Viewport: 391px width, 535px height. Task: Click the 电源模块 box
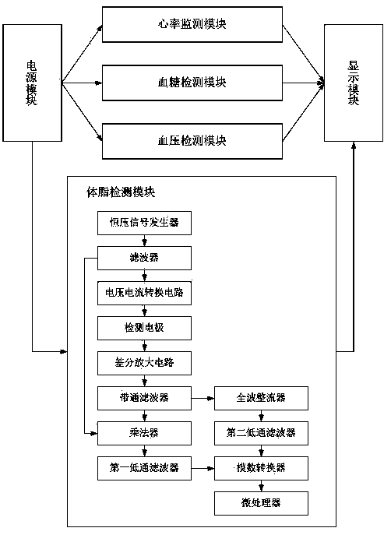pos(33,83)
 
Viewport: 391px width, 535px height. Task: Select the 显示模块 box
pos(354,83)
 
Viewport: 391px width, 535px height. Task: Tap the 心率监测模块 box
pos(192,25)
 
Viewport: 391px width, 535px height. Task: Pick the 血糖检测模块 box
pos(192,83)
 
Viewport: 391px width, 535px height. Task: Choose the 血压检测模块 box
pos(192,141)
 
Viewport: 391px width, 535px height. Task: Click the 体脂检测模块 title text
pos(121,192)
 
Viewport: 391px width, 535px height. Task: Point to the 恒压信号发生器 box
pos(144,223)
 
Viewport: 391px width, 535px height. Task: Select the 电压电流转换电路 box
pos(144,293)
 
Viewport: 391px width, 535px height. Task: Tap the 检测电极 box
pos(144,328)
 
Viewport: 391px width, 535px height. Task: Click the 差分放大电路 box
pos(144,363)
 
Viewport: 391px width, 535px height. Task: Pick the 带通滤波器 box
pos(144,398)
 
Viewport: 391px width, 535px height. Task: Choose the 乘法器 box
pos(144,433)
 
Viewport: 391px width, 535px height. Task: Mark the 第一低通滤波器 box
pos(144,468)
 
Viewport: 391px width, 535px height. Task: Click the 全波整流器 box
pos(262,398)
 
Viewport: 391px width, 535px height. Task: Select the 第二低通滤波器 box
pos(262,433)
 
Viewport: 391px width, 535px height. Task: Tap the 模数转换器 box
pos(262,468)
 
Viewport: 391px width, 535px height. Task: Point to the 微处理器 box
pos(262,503)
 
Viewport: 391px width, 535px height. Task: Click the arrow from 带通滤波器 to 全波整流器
pos(203,398)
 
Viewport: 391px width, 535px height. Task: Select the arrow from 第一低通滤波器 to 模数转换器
pos(203,468)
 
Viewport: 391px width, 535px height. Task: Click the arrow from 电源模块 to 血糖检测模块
pos(82,83)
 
